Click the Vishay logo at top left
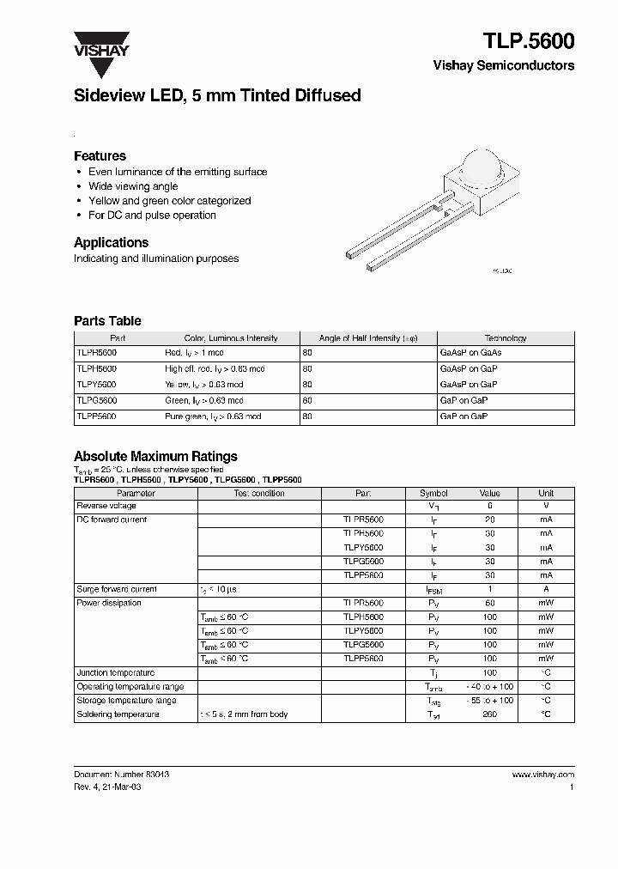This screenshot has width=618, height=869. coord(100,43)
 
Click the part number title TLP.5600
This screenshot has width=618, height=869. coord(529,40)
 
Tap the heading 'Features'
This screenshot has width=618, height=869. coord(100,156)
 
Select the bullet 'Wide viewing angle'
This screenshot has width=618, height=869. coord(133,186)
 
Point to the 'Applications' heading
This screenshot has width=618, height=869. coord(111,243)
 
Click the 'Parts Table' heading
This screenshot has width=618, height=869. coord(107,321)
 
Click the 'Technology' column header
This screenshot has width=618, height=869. coord(506,338)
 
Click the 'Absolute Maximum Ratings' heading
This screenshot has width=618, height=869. coord(155,457)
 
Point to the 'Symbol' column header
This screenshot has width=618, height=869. coord(433,494)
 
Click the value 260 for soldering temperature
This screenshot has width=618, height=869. coord(489,714)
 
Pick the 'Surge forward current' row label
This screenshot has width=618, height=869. coord(117,590)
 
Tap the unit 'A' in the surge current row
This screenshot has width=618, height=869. coord(546,590)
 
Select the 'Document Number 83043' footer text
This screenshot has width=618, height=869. coord(121,775)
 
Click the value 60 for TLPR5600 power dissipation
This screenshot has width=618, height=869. coord(489,604)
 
